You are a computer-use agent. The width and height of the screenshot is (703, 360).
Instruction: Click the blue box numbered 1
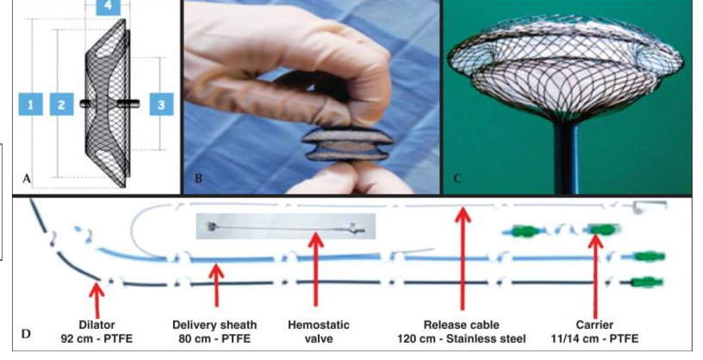click(x=30, y=105)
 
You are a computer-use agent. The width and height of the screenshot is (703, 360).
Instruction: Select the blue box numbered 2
click(x=61, y=105)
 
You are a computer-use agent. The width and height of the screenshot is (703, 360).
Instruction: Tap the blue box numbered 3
click(x=160, y=105)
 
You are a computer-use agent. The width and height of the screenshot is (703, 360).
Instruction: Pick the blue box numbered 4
click(x=108, y=6)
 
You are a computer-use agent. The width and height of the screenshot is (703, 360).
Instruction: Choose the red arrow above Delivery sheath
click(x=216, y=280)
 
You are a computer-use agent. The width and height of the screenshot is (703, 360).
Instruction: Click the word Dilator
click(x=97, y=325)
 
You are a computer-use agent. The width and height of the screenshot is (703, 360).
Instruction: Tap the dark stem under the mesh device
click(x=569, y=159)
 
